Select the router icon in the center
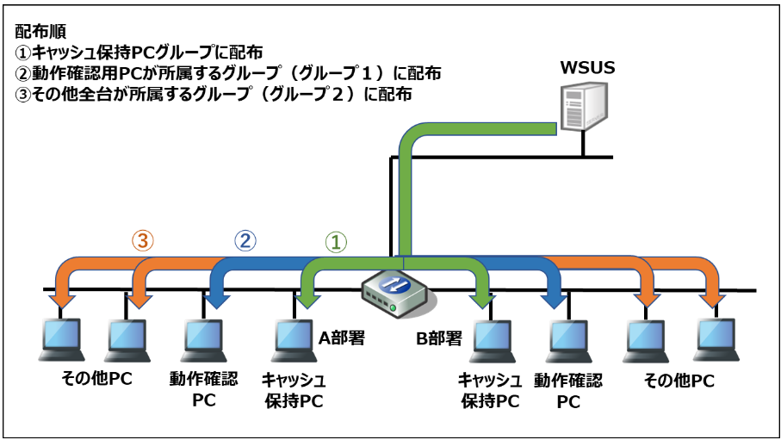tap(394, 292)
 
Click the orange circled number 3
tap(144, 241)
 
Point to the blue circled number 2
tap(245, 241)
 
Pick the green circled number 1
tap(337, 242)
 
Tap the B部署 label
tap(438, 338)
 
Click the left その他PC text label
tap(96, 378)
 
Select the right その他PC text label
tap(679, 380)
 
